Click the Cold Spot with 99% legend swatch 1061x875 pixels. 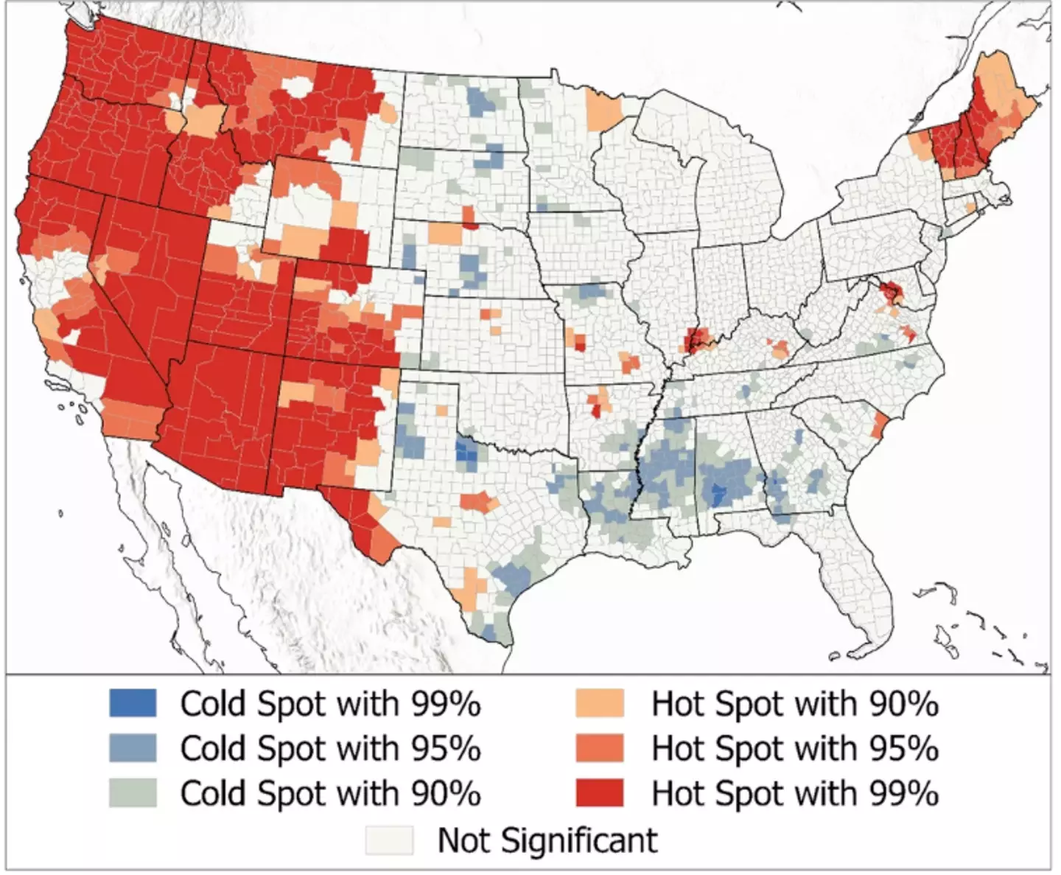[x=133, y=703]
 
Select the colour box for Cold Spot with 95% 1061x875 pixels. [x=133, y=748]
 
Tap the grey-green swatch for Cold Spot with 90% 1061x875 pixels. [x=133, y=793]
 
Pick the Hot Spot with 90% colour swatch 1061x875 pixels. [x=599, y=703]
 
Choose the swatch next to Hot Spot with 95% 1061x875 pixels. [x=599, y=748]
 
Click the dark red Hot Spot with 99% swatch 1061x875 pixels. [x=599, y=793]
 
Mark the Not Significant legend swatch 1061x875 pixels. [x=389, y=840]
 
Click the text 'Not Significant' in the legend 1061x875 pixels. [x=547, y=840]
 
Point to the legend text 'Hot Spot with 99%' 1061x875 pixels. [x=795, y=793]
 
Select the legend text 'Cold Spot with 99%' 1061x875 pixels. [x=330, y=703]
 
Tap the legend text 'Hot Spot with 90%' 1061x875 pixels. [x=795, y=703]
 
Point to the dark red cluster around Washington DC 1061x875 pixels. [x=892, y=292]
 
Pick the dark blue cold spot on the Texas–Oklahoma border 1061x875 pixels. [x=466, y=452]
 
